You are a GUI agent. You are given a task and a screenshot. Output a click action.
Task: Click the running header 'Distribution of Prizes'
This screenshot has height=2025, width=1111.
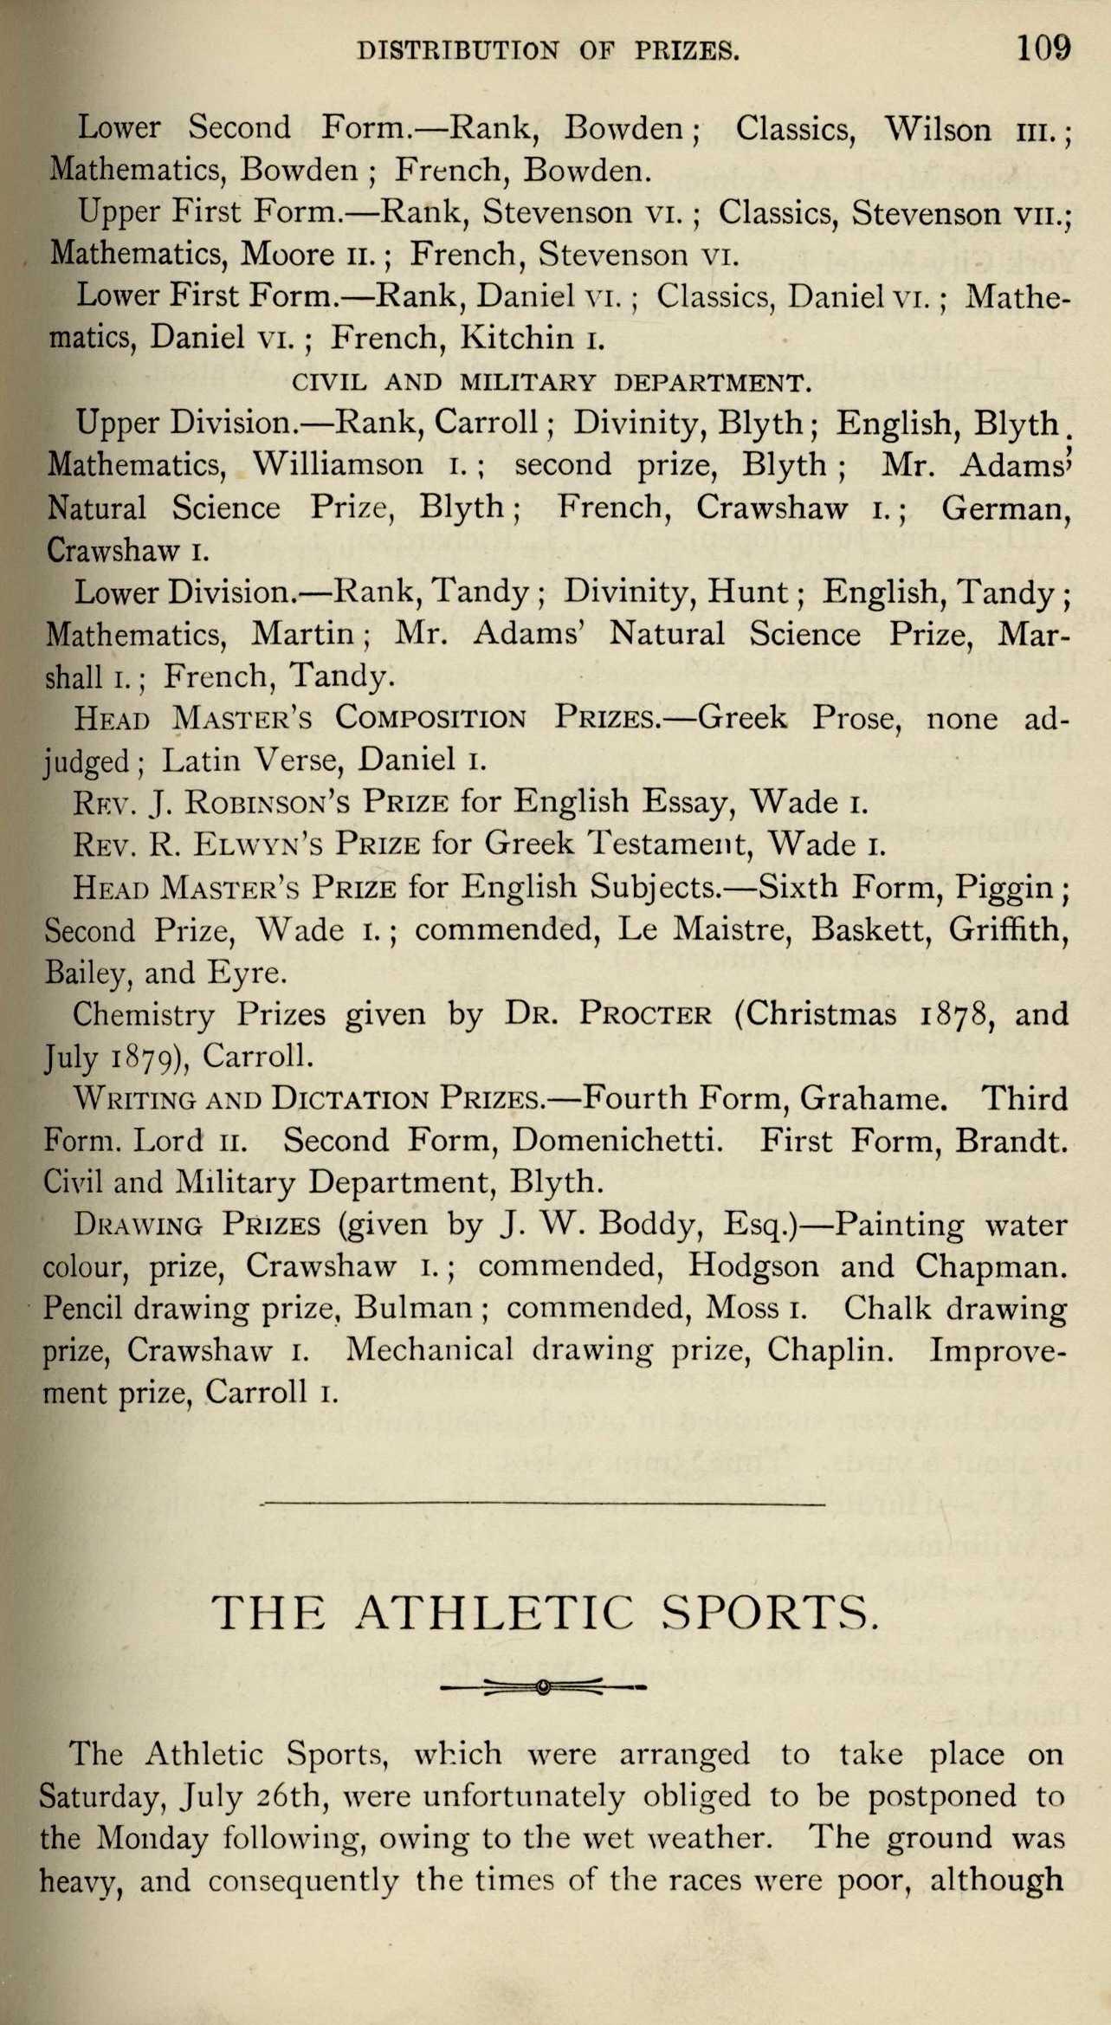[x=549, y=51]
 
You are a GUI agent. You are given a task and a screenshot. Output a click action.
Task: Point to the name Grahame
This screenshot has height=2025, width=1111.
[x=870, y=1098]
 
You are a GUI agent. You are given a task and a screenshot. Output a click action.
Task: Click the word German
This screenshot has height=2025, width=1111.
[x=1005, y=508]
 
